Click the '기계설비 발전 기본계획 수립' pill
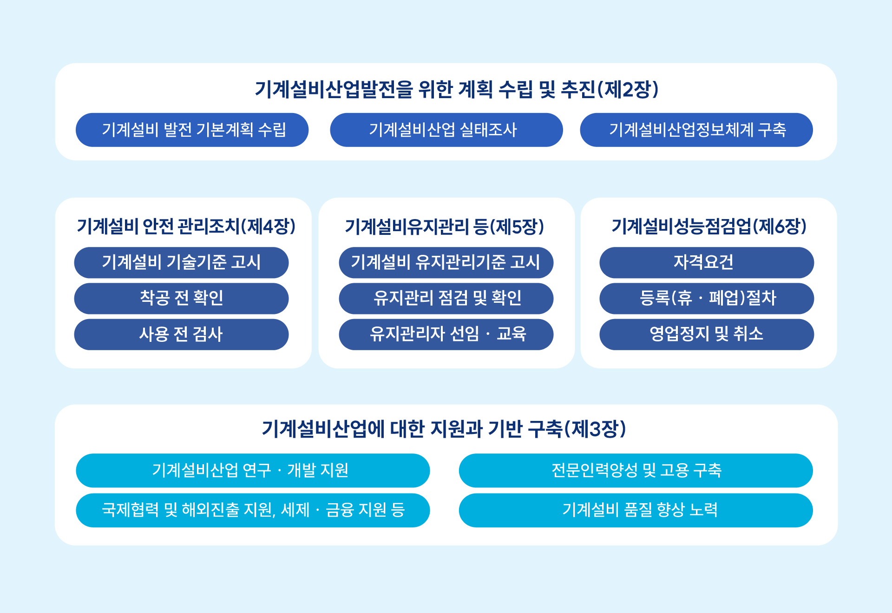click(x=192, y=130)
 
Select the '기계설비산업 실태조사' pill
click(x=446, y=130)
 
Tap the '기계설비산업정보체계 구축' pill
click(x=696, y=130)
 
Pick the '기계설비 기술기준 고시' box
click(x=181, y=263)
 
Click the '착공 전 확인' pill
click(x=181, y=299)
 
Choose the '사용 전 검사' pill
click(x=181, y=334)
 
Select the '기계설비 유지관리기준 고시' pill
click(x=446, y=263)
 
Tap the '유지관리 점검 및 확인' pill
click(x=446, y=299)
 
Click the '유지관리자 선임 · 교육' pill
click(x=446, y=334)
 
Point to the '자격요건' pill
click(x=707, y=263)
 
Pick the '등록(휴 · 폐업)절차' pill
click(x=707, y=299)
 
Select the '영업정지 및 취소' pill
click(x=707, y=334)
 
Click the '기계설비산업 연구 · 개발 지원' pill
click(x=253, y=471)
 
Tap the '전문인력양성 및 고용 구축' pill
click(x=636, y=471)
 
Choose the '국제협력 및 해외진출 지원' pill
click(x=253, y=510)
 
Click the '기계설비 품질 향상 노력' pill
click(x=636, y=510)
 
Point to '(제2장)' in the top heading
click(x=628, y=90)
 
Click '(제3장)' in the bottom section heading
click(x=595, y=429)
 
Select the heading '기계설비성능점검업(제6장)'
click(x=709, y=227)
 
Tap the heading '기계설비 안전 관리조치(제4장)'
click(x=186, y=227)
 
